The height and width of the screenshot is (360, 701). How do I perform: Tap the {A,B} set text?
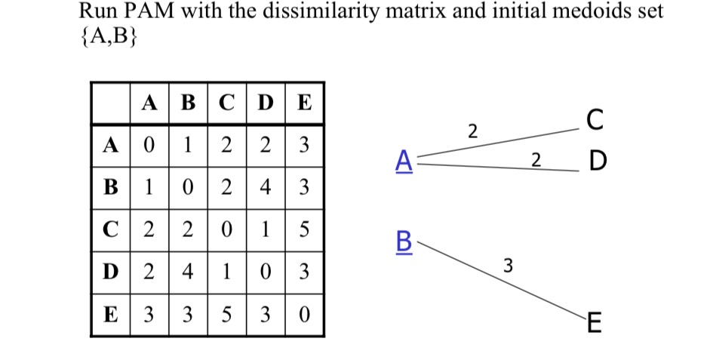coord(108,38)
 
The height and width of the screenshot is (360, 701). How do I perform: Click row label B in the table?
coord(109,186)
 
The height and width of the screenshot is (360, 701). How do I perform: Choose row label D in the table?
coord(109,269)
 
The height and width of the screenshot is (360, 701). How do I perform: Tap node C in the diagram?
coord(595,120)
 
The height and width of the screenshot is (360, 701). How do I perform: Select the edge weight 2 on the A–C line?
coord(472,130)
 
